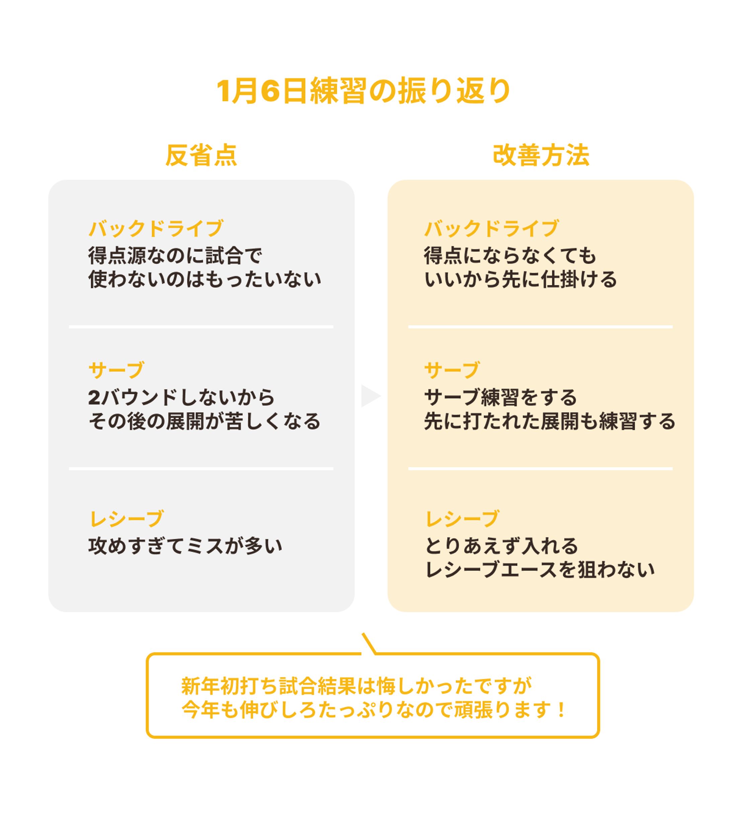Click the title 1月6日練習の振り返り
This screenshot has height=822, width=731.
(364, 91)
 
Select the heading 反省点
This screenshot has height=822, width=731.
(201, 155)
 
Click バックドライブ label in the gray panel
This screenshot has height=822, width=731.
(156, 229)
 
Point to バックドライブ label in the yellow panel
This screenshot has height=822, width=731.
(491, 229)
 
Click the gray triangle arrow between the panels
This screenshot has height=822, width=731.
(369, 396)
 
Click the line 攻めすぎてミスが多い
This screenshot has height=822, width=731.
(185, 546)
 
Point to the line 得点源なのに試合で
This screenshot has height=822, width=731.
(175, 256)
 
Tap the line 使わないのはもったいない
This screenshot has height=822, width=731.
(205, 279)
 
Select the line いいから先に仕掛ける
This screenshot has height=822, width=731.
(520, 279)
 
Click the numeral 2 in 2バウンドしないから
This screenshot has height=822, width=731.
(94, 398)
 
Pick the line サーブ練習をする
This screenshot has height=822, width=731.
(500, 397)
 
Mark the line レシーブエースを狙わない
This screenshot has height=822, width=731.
(540, 570)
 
